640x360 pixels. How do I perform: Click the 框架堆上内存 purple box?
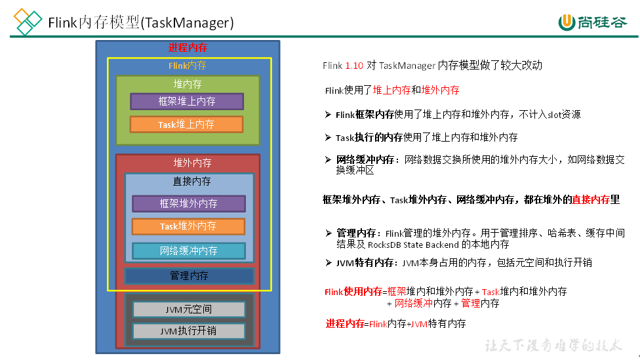tap(187, 102)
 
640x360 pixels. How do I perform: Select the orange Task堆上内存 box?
tap(186, 125)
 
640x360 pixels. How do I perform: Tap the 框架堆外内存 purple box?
tap(189, 204)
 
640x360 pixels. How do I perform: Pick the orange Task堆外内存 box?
tap(188, 226)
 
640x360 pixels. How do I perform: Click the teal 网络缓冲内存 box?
tap(189, 250)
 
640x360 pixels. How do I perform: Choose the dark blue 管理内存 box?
tap(189, 276)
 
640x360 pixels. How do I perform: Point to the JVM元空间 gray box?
tap(189, 309)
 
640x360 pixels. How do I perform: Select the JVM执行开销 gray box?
tap(189, 331)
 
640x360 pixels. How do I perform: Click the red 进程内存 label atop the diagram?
tap(188, 48)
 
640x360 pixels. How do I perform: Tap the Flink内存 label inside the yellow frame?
tap(188, 66)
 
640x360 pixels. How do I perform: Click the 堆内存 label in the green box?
tap(188, 85)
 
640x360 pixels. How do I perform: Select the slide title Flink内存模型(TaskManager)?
tap(141, 23)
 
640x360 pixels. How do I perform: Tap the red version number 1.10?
tap(354, 66)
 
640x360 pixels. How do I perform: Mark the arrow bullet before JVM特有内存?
tap(329, 262)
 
